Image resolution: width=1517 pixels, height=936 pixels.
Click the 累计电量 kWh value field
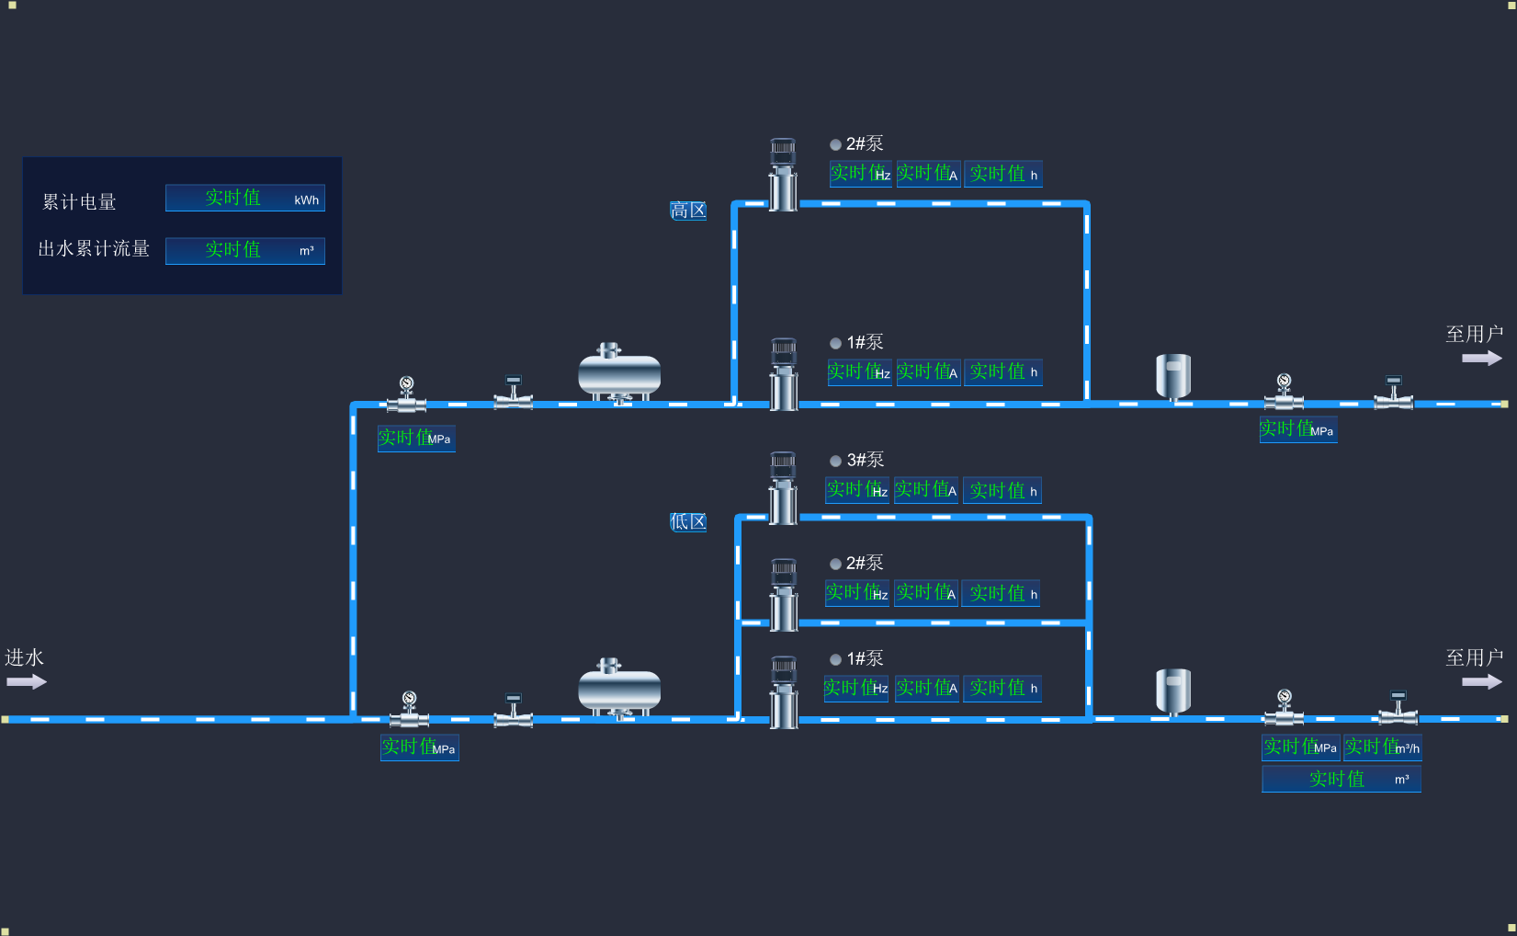[x=244, y=199]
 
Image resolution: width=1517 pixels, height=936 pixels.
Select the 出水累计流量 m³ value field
[x=244, y=250]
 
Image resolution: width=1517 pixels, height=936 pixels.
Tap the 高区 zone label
[x=688, y=211]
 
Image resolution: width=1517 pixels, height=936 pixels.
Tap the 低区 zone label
[x=688, y=522]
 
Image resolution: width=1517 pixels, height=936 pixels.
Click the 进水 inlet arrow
[x=26, y=681]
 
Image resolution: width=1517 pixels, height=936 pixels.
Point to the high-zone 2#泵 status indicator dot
[x=835, y=144]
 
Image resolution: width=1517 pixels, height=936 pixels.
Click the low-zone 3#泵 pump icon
[x=783, y=487]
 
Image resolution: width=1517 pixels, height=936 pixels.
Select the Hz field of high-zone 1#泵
[x=859, y=372]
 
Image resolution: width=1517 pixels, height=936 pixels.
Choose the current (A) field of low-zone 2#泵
[x=926, y=593]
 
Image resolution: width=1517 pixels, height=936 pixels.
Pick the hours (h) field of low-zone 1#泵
[x=1002, y=688]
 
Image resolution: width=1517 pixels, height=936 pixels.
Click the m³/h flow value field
[x=1382, y=747]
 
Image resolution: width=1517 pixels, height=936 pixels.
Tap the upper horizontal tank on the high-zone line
[x=618, y=373]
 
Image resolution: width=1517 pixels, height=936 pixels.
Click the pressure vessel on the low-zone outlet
[x=1172, y=691]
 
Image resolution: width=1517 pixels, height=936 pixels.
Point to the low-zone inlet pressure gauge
[x=409, y=709]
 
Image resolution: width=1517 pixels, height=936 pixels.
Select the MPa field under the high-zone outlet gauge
[x=1297, y=429]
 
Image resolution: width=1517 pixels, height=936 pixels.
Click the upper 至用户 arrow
[x=1481, y=358]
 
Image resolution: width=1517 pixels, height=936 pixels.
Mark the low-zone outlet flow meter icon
[x=1398, y=708]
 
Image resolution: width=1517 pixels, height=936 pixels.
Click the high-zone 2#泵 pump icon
[x=783, y=175]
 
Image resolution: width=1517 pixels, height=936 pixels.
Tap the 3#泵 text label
[x=865, y=460]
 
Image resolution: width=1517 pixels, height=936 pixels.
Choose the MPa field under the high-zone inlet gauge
[x=415, y=439]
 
